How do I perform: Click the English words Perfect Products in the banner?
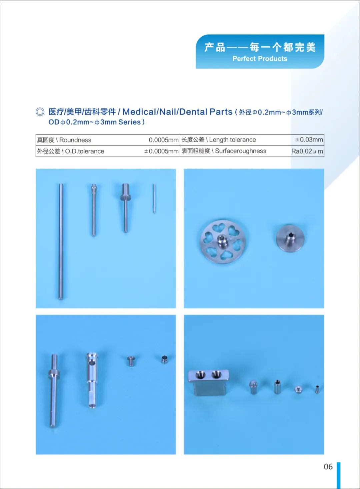tap(260, 58)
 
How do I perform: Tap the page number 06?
tap(328, 467)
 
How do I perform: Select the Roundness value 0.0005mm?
tap(164, 140)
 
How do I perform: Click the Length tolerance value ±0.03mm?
tap(309, 139)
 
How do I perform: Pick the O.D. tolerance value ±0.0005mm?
tap(161, 151)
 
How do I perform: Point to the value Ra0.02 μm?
tap(307, 151)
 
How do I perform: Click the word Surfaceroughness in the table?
tap(240, 151)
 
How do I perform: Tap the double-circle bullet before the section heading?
tap(40, 112)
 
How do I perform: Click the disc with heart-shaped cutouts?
tap(223, 241)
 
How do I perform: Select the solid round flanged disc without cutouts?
tap(290, 238)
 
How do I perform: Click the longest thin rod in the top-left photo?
tap(61, 241)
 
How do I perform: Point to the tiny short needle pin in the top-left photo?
tap(154, 198)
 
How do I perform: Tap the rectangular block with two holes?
tap(209, 383)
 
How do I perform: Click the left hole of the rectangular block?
tap(200, 375)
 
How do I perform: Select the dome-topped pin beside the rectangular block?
tap(253, 387)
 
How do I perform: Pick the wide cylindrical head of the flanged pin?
tap(125, 189)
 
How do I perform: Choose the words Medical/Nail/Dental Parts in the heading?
tap(177, 112)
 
